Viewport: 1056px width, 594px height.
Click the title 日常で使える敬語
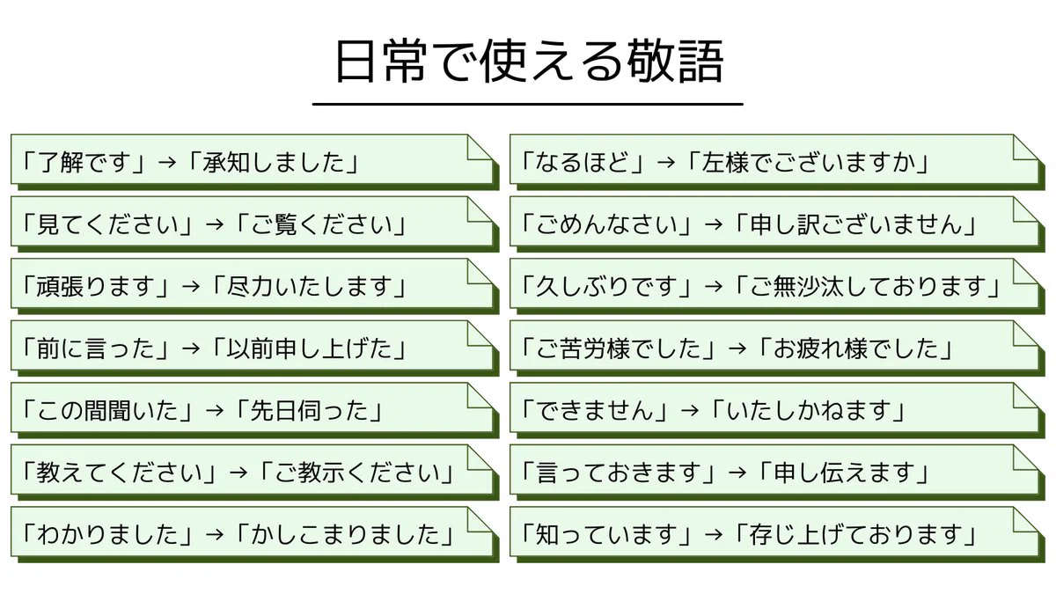click(529, 62)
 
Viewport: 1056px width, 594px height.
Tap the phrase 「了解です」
click(84, 163)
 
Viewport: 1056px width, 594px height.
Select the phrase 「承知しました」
click(273, 163)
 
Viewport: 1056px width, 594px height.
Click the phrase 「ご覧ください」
click(321, 225)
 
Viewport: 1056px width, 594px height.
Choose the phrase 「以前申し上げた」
click(309, 349)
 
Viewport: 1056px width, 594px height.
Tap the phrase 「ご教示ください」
click(357, 473)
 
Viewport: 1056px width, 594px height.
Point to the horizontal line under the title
click(528, 104)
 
